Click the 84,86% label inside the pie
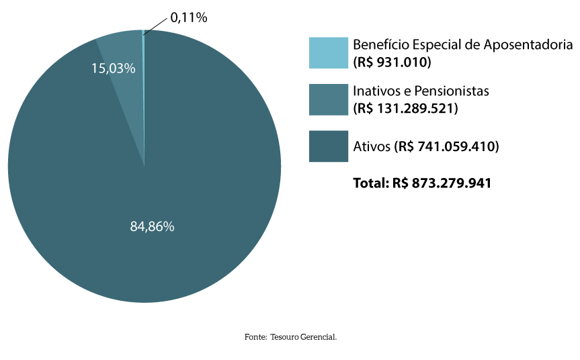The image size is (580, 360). point(152,227)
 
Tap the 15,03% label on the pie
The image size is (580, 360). point(114,69)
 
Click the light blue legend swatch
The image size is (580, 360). point(328,52)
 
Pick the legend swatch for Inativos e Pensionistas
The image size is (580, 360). point(328,99)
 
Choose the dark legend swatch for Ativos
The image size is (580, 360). point(328,146)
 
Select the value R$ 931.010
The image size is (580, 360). point(392,62)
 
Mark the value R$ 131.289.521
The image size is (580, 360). point(405,107)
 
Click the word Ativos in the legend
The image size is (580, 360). point(370,146)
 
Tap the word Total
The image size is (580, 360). point(370,182)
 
